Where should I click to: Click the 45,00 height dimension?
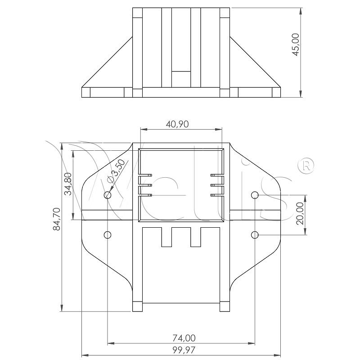coord(296,45)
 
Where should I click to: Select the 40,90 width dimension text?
coord(177,124)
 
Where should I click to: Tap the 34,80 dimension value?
coord(68,184)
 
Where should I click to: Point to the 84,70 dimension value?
coord(57,219)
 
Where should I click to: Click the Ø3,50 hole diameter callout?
coord(117,171)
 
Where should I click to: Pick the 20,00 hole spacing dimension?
coord(300,213)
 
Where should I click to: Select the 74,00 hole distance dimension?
coord(184,338)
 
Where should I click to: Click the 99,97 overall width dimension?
coord(184,350)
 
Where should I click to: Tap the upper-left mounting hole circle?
coord(108,195)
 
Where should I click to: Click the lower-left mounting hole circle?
coord(108,235)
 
